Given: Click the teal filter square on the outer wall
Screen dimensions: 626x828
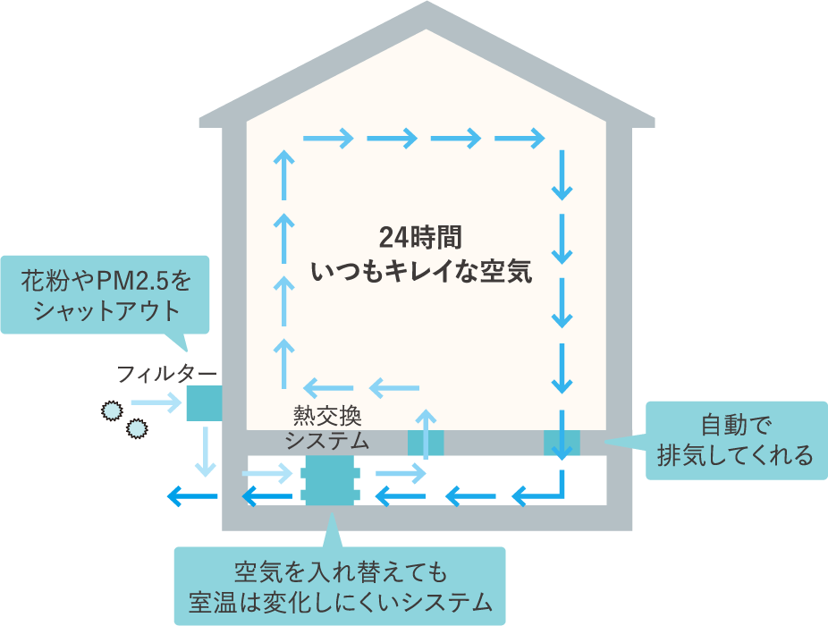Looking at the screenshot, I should click(x=204, y=403).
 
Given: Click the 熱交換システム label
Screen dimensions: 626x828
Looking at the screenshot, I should click(x=325, y=427).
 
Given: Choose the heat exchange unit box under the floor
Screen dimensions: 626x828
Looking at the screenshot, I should click(x=331, y=481).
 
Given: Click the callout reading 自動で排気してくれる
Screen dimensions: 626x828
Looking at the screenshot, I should click(x=735, y=439).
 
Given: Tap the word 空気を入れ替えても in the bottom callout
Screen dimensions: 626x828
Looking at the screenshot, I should click(x=339, y=571).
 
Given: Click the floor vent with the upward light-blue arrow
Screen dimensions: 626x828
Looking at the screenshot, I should click(x=426, y=442).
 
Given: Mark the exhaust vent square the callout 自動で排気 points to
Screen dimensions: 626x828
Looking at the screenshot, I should click(x=562, y=442).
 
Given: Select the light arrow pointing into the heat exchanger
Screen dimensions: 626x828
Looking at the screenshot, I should click(x=268, y=472).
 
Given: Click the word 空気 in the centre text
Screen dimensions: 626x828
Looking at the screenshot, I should click(x=507, y=272).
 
